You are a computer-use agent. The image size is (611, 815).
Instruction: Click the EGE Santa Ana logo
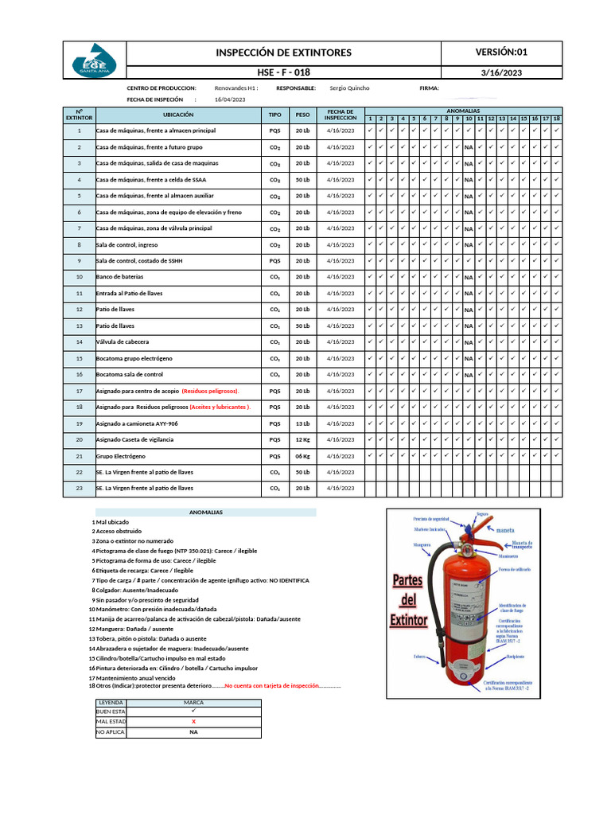(95, 61)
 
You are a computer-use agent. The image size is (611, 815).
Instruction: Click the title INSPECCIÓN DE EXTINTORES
(284, 53)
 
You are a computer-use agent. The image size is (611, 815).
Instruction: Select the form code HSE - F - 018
(284, 72)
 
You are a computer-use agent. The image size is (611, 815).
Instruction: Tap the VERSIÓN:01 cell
(501, 53)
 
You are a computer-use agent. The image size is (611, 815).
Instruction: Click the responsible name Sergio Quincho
(349, 88)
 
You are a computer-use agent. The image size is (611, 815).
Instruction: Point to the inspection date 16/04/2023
(230, 99)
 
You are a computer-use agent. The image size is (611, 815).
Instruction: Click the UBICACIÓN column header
(178, 115)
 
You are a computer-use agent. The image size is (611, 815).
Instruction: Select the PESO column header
(302, 115)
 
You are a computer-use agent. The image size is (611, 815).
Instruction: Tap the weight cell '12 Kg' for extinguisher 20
(302, 439)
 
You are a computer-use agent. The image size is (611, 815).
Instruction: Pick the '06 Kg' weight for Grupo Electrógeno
(302, 456)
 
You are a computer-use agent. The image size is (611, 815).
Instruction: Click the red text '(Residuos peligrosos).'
(210, 391)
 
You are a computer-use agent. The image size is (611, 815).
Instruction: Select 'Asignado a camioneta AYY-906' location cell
(137, 423)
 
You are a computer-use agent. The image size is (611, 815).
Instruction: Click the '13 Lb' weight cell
(302, 423)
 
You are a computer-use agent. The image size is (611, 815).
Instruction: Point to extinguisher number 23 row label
(79, 488)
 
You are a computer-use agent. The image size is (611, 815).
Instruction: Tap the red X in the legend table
(193, 721)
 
